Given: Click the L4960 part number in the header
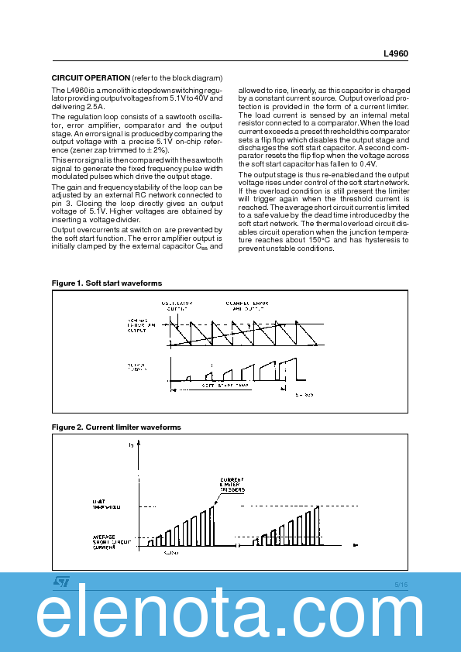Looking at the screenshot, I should click(x=396, y=54).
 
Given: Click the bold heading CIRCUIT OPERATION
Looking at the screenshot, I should click(x=91, y=78).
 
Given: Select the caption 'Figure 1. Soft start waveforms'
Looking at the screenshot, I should click(x=107, y=283).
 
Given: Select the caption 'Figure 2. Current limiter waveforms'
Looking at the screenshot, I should click(x=116, y=427).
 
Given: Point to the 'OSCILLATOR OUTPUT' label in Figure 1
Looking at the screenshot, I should click(x=177, y=304).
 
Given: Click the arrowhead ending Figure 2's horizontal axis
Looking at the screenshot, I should click(x=355, y=545).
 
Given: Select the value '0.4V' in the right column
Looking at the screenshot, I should click(x=367, y=163).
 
